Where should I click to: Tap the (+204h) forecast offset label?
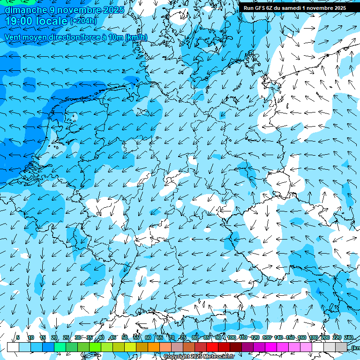[83, 21]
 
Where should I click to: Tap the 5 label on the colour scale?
[18, 337]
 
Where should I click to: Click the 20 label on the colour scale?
[54, 337]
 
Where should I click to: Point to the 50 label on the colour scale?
[124, 337]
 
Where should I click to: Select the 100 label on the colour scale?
[232, 337]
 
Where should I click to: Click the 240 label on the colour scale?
[349, 337]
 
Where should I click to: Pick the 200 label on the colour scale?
[325, 337]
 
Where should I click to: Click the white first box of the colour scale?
[13, 347]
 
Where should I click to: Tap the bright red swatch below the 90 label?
[212, 347]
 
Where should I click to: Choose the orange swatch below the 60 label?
[142, 347]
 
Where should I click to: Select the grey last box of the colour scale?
[341, 347]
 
